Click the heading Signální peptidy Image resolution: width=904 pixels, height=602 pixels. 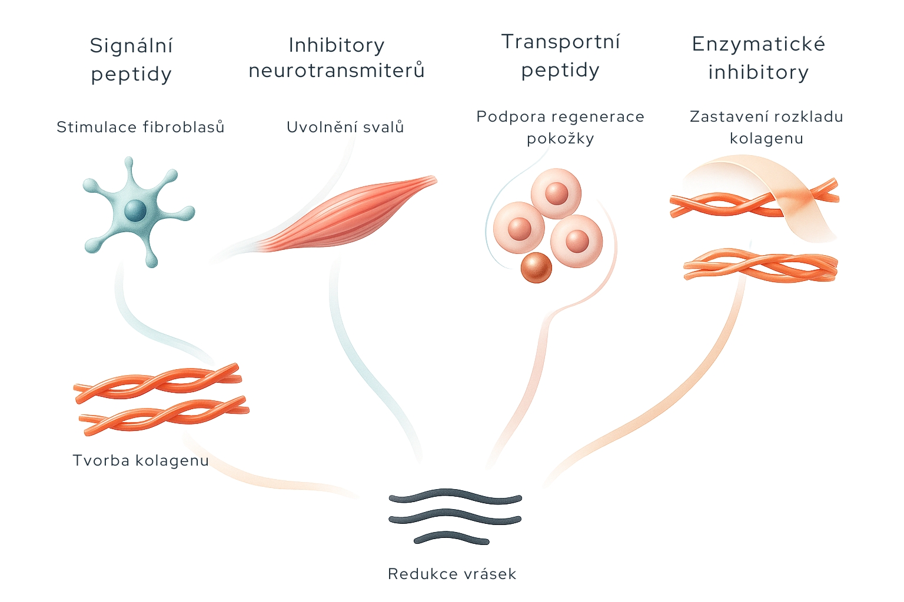tap(131, 60)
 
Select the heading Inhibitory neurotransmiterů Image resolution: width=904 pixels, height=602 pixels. tap(337, 58)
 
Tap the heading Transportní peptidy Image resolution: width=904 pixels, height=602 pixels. tap(560, 56)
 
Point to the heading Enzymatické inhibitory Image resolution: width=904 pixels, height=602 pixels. tap(759, 58)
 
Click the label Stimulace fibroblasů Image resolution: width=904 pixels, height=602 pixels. tap(141, 127)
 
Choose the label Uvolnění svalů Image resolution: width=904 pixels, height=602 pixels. tap(345, 127)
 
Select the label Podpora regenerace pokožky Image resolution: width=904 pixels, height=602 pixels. tap(560, 128)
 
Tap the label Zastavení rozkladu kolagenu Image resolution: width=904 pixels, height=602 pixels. tap(766, 128)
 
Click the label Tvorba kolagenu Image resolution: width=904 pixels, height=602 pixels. tap(141, 460)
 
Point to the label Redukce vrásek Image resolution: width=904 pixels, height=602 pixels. tap(452, 574)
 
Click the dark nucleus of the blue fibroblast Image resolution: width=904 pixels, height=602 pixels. tap(135, 210)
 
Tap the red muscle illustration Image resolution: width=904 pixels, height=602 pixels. tap(347, 215)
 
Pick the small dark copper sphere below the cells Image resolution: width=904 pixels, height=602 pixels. tap(536, 267)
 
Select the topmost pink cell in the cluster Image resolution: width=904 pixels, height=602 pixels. tap(556, 193)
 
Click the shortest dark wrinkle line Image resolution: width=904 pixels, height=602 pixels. tap(451, 537)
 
